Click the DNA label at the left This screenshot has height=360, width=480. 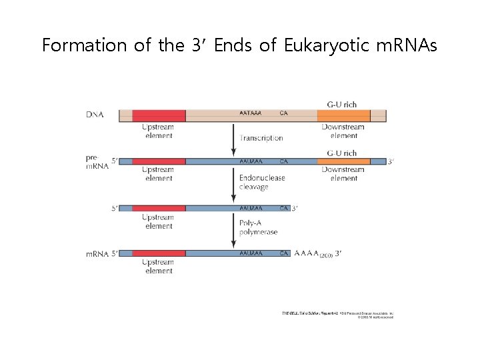coord(95,115)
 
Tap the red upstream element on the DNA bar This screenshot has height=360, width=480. coord(159,115)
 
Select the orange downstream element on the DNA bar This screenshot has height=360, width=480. coord(343,115)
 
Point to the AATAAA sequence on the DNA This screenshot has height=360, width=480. coord(251,114)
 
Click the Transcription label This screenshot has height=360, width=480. coord(262,138)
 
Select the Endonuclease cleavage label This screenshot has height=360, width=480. coord(262,183)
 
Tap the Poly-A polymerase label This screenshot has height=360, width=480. coord(258,227)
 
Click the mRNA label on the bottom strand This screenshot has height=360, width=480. coord(96,253)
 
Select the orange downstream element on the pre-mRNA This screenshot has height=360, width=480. coord(343,161)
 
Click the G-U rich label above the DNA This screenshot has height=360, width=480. coord(342,105)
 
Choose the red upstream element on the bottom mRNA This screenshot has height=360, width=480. coord(159,253)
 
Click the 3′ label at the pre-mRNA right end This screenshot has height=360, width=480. coord(391,161)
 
